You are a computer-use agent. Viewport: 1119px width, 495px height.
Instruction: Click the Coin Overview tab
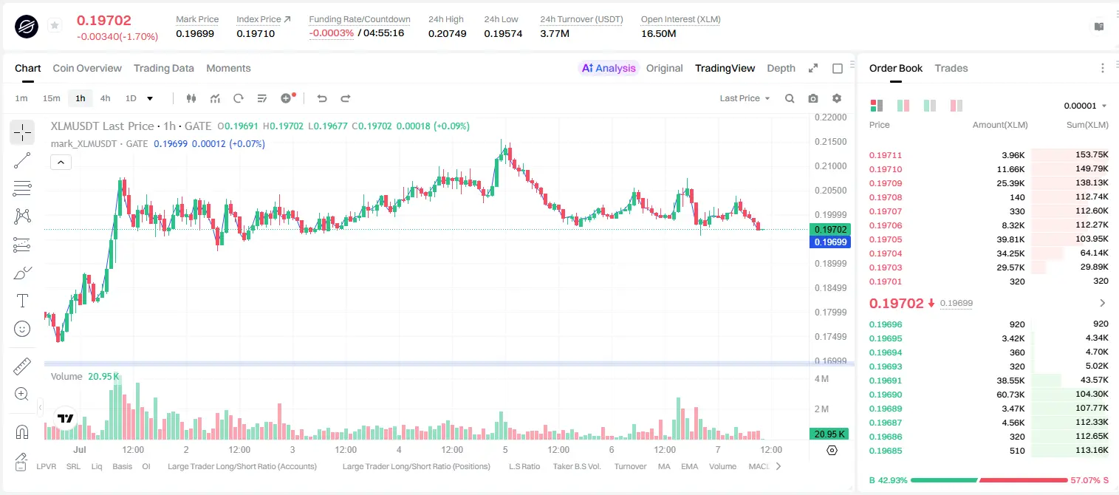87,69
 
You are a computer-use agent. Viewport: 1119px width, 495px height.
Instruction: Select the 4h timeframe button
105,98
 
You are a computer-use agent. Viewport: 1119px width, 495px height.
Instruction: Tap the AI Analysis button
609,69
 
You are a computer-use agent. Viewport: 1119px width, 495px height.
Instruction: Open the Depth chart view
781,69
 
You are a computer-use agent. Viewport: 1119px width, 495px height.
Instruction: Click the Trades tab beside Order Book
951,69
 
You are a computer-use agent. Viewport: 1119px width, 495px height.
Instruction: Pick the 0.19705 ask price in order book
885,240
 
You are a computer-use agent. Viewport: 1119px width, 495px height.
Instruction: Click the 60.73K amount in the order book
1010,395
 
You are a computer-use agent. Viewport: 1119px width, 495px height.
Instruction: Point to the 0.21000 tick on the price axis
831,165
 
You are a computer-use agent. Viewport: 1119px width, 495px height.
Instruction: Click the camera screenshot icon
813,98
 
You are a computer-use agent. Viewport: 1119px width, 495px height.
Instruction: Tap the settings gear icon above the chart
837,98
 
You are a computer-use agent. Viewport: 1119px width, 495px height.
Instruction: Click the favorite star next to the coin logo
55,25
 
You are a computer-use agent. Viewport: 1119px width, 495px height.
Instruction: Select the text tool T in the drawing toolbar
22,301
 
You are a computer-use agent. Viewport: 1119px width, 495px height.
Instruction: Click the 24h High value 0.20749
447,33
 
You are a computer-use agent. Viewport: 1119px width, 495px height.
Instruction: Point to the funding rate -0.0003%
331,33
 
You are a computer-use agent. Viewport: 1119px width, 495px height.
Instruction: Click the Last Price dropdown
745,98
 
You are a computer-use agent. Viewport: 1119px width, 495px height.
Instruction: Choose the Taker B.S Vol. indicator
576,466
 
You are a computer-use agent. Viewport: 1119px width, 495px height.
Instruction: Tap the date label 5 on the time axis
505,449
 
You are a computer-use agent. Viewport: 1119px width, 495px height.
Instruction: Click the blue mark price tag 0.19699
830,242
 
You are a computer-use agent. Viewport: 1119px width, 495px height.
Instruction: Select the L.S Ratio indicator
524,466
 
